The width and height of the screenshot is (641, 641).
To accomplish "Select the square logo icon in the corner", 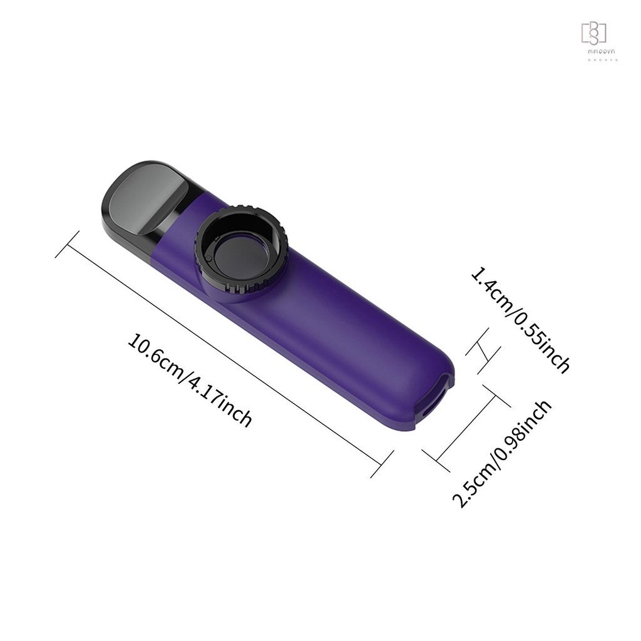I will [594, 33].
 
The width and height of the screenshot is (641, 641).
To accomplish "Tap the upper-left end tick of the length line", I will [67, 244].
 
